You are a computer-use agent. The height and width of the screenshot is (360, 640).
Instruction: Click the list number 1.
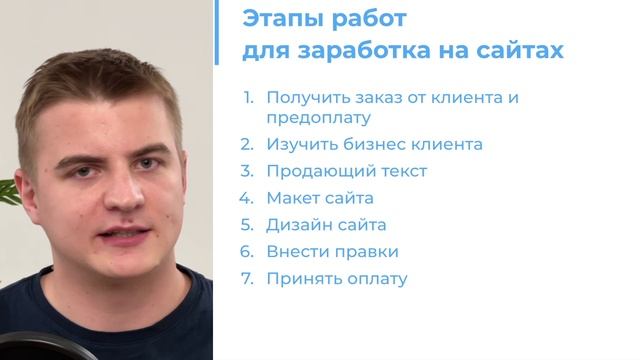[x=249, y=98]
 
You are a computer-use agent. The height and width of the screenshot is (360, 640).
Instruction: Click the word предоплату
[x=318, y=117]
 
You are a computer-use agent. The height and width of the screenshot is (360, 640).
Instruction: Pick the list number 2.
[x=249, y=144]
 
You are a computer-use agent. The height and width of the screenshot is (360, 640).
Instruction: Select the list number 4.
[x=249, y=198]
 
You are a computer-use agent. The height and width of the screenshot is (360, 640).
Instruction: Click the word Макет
[x=292, y=198]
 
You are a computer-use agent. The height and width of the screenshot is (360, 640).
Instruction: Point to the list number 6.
[x=249, y=252]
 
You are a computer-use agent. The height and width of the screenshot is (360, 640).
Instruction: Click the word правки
[x=366, y=252]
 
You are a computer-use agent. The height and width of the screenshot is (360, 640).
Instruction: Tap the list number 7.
[x=249, y=279]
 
